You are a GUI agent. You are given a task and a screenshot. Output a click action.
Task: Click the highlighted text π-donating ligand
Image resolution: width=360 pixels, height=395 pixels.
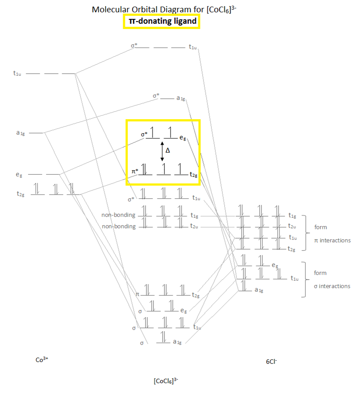pyautogui.click(x=162, y=21)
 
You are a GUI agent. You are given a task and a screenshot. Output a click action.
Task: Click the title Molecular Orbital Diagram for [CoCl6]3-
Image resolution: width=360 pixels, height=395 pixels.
pyautogui.click(x=164, y=9)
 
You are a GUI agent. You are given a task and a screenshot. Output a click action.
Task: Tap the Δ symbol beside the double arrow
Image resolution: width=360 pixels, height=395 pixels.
pyautogui.click(x=167, y=150)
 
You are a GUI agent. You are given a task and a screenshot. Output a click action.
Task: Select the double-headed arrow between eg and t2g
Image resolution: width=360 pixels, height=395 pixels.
pyautogui.click(x=162, y=151)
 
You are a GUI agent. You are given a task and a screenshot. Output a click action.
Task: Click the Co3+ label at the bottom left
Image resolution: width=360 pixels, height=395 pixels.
pyautogui.click(x=42, y=359)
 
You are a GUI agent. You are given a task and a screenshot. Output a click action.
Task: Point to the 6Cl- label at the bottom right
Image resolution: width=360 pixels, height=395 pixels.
pyautogui.click(x=271, y=362)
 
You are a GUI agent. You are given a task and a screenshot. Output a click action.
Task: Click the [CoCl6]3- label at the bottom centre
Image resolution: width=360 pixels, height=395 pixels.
pyautogui.click(x=166, y=380)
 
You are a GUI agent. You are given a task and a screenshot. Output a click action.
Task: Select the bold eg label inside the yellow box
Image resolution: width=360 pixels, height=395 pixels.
pyautogui.click(x=183, y=138)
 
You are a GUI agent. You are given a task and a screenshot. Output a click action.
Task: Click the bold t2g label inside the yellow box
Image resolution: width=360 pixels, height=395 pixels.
pyautogui.click(x=193, y=175)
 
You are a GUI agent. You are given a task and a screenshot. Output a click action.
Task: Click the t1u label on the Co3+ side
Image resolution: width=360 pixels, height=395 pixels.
pyautogui.click(x=17, y=73)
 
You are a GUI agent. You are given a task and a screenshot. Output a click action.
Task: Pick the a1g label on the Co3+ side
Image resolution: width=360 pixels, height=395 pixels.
pyautogui.click(x=20, y=132)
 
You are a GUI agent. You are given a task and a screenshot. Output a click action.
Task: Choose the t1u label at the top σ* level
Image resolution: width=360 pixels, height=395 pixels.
pyautogui.click(x=193, y=47)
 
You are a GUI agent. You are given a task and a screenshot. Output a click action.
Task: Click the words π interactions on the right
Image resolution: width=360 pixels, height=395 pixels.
pyautogui.click(x=332, y=241)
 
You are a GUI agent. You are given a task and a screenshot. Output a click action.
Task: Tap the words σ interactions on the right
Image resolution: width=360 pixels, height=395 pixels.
pyautogui.click(x=332, y=286)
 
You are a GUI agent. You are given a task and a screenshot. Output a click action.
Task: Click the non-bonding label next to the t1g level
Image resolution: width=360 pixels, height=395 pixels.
pyautogui.click(x=118, y=215)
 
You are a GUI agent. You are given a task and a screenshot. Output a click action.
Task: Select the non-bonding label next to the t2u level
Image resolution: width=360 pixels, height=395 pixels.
pyautogui.click(x=118, y=226)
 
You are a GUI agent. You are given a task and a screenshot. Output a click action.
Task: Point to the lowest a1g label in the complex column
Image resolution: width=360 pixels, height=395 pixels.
pyautogui.click(x=177, y=342)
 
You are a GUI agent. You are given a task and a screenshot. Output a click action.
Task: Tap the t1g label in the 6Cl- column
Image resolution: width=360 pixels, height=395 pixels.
pyautogui.click(x=292, y=216)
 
